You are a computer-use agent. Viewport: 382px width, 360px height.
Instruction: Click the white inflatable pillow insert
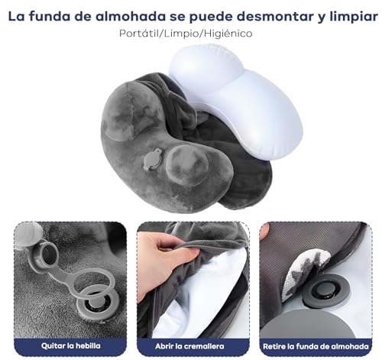pos(237,102)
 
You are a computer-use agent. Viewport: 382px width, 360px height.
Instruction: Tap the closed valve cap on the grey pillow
pos(153,159)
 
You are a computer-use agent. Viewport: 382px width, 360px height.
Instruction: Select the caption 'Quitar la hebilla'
pos(71,345)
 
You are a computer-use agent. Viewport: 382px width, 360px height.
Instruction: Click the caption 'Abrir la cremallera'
pos(189,346)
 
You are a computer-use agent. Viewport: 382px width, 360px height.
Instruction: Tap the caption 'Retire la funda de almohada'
pos(316,346)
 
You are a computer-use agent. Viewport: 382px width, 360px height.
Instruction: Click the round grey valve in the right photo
pos(323,290)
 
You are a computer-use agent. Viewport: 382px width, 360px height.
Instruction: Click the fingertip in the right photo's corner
pos(264,231)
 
